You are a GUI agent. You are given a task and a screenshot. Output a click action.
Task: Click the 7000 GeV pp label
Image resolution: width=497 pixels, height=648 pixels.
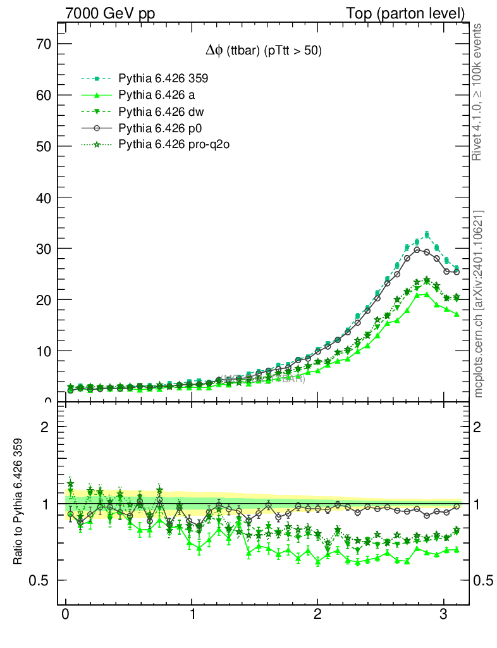(x=110, y=13)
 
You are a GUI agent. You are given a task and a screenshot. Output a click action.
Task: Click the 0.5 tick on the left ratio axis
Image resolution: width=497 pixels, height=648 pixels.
(x=40, y=580)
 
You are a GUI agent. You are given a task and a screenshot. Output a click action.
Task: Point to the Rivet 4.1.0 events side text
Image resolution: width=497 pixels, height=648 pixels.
(x=478, y=92)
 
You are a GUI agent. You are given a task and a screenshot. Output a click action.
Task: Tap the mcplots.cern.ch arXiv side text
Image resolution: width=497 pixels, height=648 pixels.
(x=478, y=304)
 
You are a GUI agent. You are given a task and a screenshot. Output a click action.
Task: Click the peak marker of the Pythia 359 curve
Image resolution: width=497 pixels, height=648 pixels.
(x=427, y=235)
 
